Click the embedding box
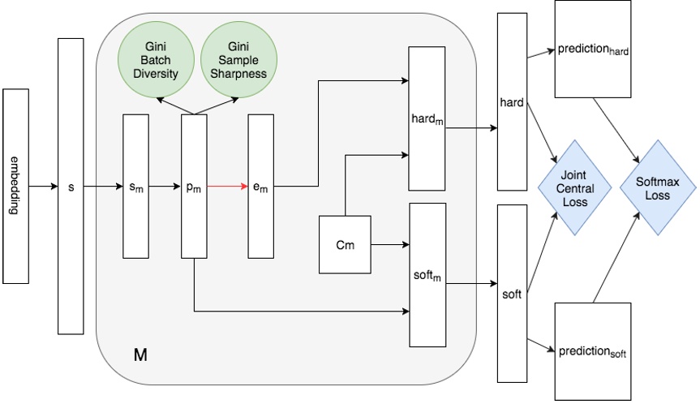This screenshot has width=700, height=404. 15,187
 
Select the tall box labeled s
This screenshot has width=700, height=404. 71,187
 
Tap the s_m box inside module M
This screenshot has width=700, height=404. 135,187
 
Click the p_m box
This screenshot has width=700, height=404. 194,187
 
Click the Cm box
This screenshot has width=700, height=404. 344,243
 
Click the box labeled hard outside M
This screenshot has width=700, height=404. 511,104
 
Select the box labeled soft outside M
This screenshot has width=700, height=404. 511,294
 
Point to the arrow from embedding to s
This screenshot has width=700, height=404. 42,187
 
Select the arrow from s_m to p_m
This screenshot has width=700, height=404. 165,187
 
